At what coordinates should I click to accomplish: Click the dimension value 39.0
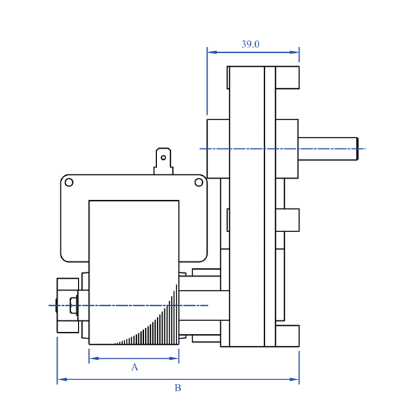click(250, 44)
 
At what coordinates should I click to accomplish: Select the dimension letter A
click(135, 367)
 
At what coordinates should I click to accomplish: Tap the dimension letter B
click(177, 388)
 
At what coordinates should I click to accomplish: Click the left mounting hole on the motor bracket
click(69, 182)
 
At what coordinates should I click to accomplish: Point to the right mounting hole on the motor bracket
click(199, 182)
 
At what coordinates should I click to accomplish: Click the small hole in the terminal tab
click(163, 158)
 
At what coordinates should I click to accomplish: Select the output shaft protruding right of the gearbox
click(327, 149)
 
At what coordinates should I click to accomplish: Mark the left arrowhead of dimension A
click(93, 359)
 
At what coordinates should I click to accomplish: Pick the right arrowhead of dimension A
click(175, 359)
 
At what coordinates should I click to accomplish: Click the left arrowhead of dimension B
click(61, 379)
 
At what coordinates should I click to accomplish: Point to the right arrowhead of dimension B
click(295, 379)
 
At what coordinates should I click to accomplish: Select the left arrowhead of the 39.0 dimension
click(211, 51)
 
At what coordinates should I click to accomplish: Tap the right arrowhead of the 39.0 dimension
click(295, 51)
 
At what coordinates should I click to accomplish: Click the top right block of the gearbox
click(287, 77)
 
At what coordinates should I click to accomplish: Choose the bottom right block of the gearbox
click(287, 336)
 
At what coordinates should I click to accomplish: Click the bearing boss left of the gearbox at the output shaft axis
click(218, 149)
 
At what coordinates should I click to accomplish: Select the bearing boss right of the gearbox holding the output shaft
click(286, 149)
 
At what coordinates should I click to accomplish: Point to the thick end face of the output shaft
click(357, 149)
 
